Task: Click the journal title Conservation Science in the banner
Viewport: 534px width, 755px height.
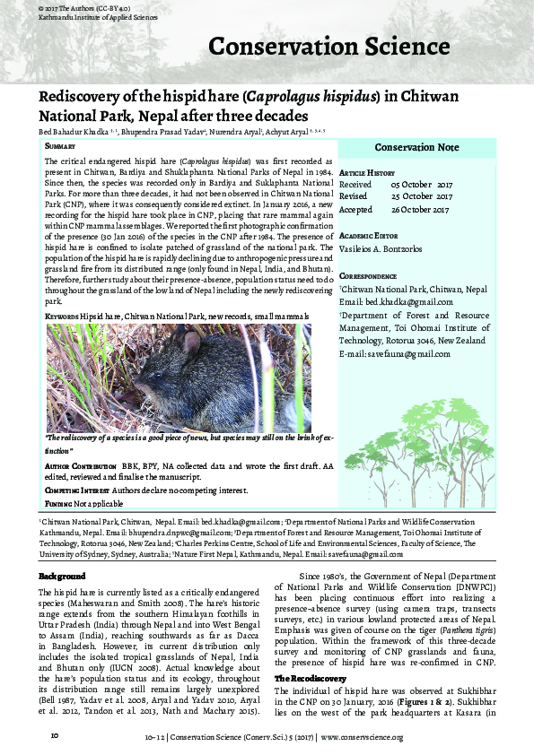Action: tap(328, 47)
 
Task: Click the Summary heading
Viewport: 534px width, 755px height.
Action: tap(59, 145)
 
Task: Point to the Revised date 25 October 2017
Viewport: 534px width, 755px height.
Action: tap(422, 196)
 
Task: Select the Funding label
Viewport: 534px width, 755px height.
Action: tap(58, 504)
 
